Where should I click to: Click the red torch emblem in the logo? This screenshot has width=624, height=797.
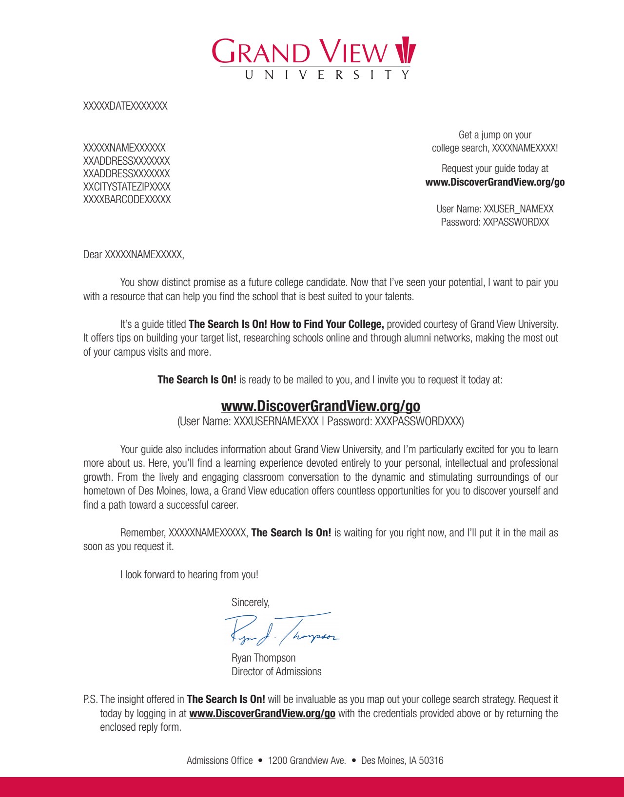coord(405,50)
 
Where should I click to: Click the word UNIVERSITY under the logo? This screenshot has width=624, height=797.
coord(327,75)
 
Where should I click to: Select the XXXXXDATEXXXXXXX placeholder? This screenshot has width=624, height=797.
coord(125,106)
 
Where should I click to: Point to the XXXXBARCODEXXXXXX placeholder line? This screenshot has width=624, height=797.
coord(127,200)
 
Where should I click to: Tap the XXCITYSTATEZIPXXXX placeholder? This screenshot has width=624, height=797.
coord(127,187)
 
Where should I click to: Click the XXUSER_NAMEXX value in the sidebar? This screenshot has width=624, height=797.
coord(518,209)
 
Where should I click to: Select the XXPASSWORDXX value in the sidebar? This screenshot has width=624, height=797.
coord(516,222)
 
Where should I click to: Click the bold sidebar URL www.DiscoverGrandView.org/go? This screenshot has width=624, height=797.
coord(495,182)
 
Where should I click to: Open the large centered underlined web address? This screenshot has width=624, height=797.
coord(320,406)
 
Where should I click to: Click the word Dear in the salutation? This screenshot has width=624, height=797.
coord(93,254)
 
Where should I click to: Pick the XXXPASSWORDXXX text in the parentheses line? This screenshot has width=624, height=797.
coord(418,421)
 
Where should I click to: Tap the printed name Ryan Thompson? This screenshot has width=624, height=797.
coord(263,658)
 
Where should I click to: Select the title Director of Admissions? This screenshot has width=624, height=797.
coord(276,671)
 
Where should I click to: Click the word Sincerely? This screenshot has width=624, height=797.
coord(250,603)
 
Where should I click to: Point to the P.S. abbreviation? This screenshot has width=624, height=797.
coord(90,700)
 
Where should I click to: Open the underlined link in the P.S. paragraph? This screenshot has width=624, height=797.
coord(262,714)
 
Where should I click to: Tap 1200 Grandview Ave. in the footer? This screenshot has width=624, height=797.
coord(307,760)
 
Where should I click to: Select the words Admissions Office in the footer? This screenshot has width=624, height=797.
coord(219,760)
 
